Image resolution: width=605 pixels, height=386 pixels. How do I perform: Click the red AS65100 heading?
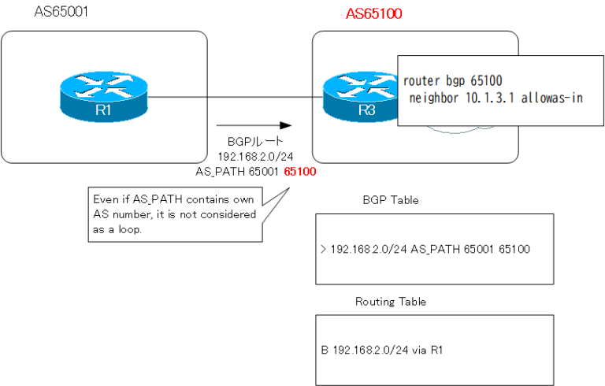(x=376, y=14)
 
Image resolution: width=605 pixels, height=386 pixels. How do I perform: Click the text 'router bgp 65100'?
(x=452, y=81)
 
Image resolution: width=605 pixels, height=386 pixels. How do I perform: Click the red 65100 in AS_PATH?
(x=300, y=170)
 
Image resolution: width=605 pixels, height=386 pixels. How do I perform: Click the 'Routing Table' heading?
(x=391, y=301)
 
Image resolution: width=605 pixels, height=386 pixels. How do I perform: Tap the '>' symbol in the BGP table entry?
(x=324, y=249)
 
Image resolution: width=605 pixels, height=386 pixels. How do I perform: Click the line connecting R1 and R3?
(x=236, y=98)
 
